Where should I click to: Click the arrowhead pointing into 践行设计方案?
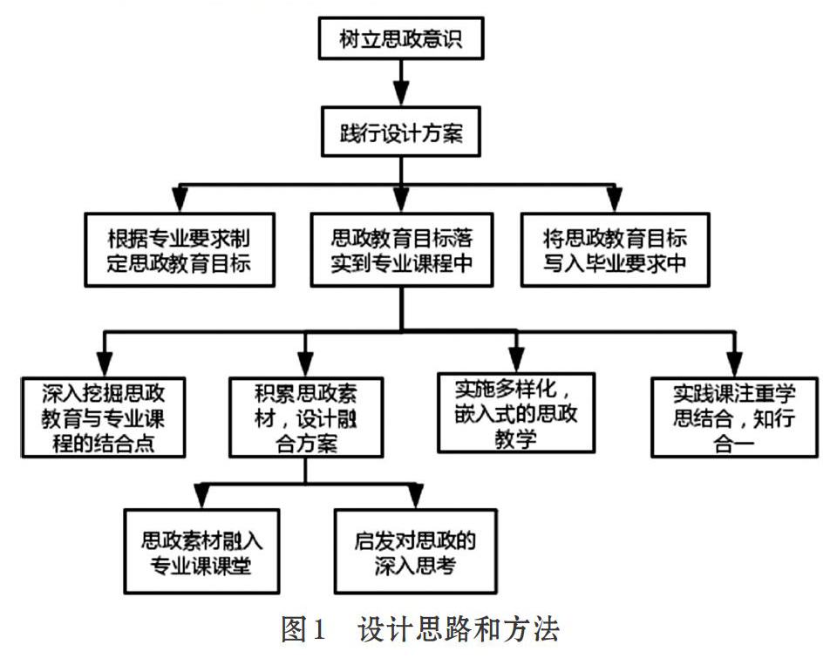(x=401, y=94)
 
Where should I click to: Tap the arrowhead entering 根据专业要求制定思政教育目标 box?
(x=180, y=199)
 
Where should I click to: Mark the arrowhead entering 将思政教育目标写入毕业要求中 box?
(x=615, y=199)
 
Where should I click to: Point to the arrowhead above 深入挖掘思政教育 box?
(x=105, y=363)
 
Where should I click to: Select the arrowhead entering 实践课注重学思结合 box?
(x=735, y=363)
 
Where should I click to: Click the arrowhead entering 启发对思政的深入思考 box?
(x=415, y=496)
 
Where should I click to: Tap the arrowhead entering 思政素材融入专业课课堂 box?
(x=201, y=496)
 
